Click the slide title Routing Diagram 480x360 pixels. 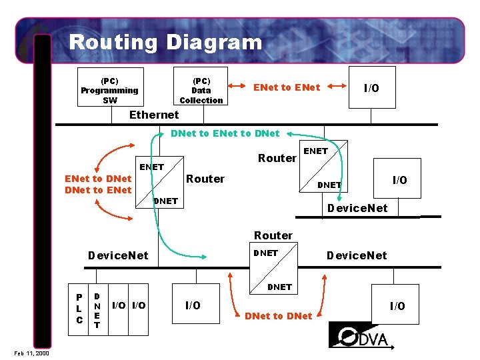pos(165,43)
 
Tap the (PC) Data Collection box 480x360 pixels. pos(201,87)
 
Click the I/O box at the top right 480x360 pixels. pos(371,88)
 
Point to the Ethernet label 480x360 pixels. pos(154,115)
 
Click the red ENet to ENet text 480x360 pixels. pos(287,87)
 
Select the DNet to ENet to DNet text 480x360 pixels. pos(225,133)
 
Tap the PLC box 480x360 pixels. pos(79,309)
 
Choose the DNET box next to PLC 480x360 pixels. pos(97,309)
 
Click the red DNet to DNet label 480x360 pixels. pos(278,315)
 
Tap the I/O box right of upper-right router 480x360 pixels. pos(398,179)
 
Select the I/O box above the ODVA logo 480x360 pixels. pos(397,306)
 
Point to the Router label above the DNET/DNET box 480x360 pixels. pos(273,235)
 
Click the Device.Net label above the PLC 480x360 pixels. pos(119,255)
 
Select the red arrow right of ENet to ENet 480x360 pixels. pos(340,87)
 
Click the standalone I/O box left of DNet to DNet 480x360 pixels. pos(192,305)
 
